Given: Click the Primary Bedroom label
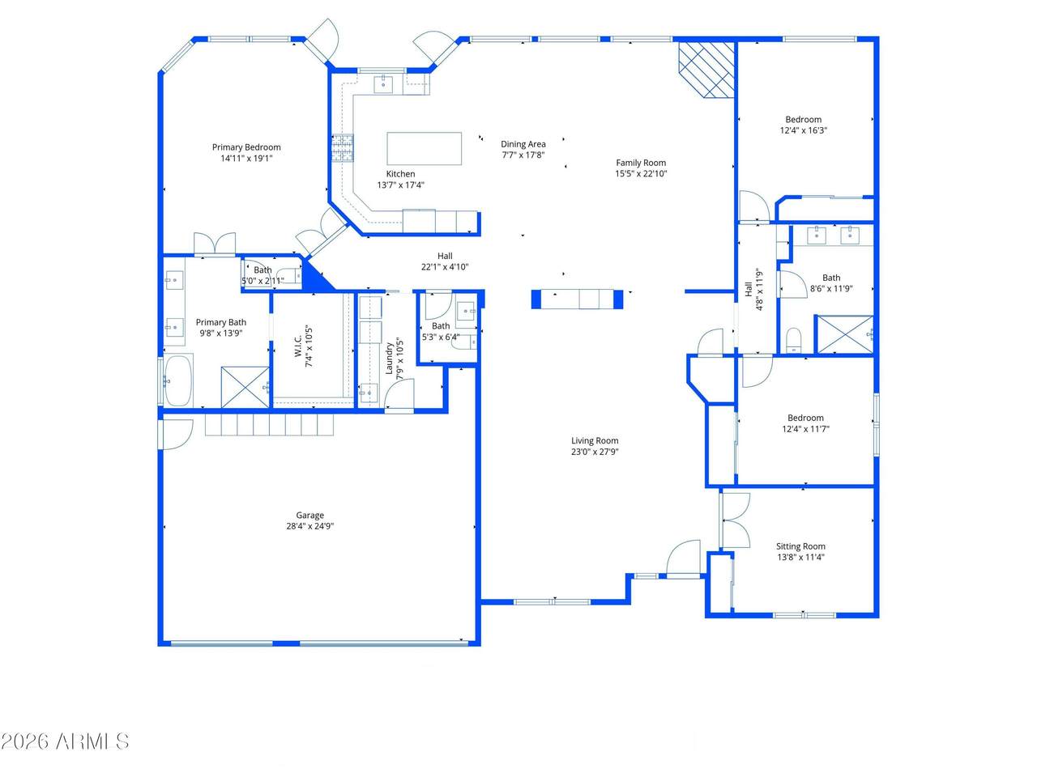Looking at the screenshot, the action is (x=246, y=147).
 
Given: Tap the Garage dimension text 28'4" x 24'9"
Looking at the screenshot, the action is (x=310, y=526).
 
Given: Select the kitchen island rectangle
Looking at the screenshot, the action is (x=424, y=148).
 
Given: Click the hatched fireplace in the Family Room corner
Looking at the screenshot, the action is (x=706, y=70).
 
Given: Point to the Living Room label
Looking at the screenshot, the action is (x=595, y=440).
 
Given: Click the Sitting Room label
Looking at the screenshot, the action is (x=800, y=546).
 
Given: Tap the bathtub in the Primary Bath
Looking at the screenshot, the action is (x=178, y=380).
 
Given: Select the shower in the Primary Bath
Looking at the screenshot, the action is (x=245, y=387).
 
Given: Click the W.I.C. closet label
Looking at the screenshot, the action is (x=298, y=346).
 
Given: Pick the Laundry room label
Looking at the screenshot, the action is (x=389, y=359).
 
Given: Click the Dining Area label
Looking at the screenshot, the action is (x=523, y=144).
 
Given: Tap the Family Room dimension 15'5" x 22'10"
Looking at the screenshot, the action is (x=641, y=173).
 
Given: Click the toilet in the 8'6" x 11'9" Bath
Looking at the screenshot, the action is (x=794, y=340).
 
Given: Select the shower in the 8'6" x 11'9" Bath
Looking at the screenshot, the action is (x=845, y=334).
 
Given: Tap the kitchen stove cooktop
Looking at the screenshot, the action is (x=343, y=147).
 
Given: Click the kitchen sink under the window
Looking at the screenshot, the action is (x=383, y=84).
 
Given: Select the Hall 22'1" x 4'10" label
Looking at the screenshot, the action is (x=445, y=261).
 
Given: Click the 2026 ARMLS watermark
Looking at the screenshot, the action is (x=65, y=741).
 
